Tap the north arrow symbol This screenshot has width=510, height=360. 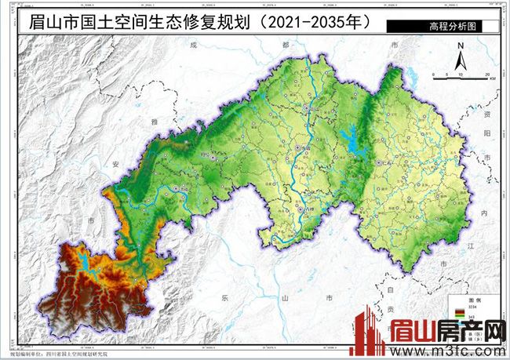463,59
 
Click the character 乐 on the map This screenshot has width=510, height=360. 225,298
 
